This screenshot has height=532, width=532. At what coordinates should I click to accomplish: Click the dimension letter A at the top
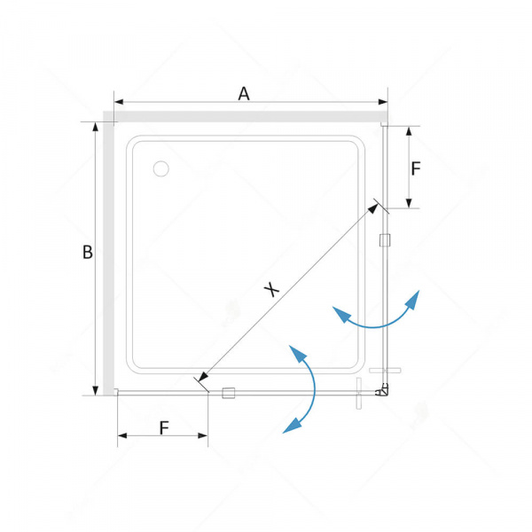point(244,94)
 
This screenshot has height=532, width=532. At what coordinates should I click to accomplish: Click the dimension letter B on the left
point(88,252)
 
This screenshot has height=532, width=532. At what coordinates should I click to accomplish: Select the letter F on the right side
point(416,168)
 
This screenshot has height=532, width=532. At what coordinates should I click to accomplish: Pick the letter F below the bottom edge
point(164,428)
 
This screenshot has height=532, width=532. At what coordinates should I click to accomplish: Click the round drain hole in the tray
point(160,168)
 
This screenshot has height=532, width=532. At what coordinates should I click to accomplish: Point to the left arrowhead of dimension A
point(119,102)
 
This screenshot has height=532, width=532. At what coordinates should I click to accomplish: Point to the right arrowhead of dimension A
point(383,102)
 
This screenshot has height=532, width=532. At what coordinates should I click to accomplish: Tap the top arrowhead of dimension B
point(96,127)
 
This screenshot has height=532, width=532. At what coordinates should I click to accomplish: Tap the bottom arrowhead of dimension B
point(96,390)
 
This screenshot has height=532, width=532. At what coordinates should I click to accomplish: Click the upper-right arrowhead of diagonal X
point(373,208)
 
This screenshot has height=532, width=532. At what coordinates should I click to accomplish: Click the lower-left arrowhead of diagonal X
point(202,377)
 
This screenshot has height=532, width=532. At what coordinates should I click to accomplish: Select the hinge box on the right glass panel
point(385,240)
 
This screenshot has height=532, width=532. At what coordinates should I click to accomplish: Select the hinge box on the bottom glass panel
point(229,393)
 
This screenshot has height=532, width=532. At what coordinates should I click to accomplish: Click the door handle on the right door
point(385,370)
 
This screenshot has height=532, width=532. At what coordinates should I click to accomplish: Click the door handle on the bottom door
point(359,394)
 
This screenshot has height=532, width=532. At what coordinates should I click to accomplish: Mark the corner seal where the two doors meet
point(382,390)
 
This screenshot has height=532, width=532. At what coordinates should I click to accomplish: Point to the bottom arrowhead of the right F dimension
point(409,203)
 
